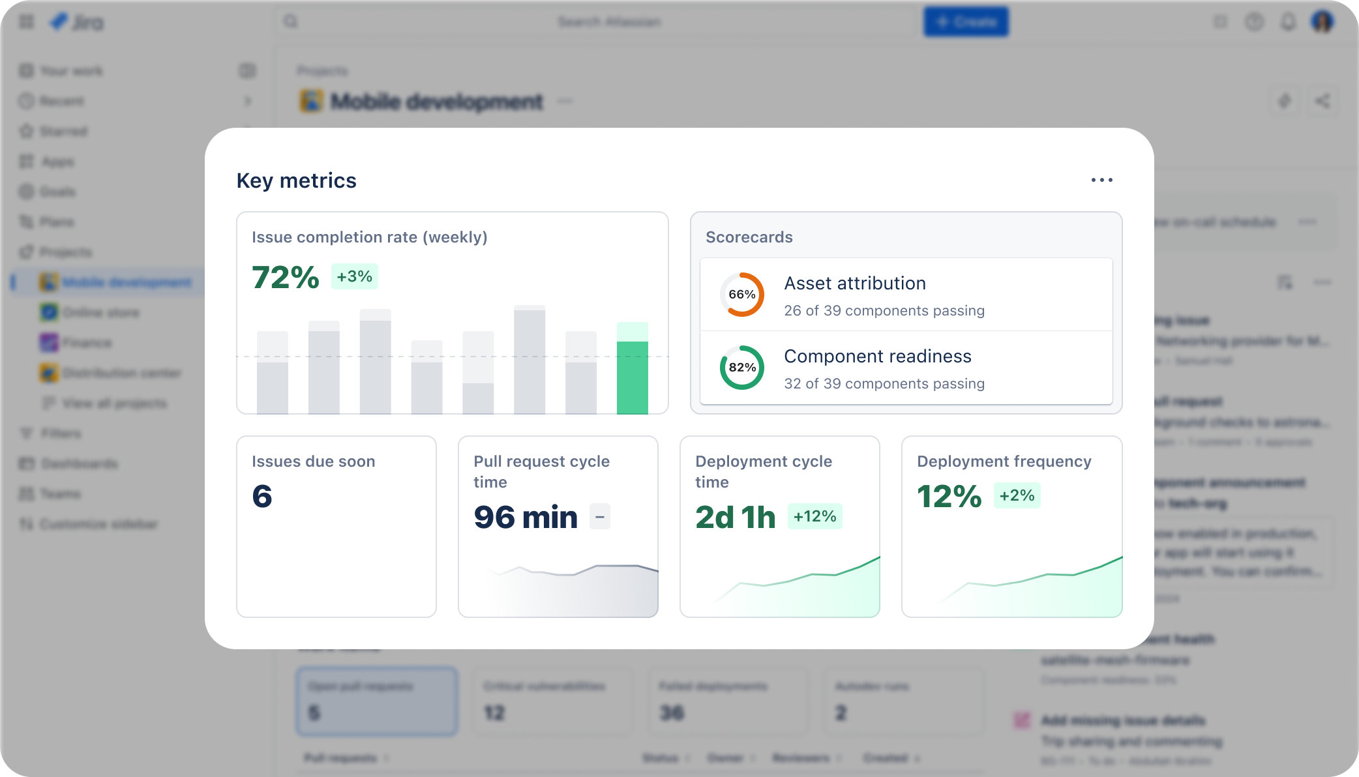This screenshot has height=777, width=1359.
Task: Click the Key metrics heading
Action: pos(296,181)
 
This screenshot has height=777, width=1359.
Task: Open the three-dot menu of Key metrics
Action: pos(1101,180)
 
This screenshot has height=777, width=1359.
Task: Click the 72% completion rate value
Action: pos(285,277)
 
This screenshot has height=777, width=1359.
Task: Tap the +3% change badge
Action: pos(354,276)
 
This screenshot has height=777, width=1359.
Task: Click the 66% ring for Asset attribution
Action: pos(741,295)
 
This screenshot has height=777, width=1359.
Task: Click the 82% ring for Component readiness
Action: pos(741,368)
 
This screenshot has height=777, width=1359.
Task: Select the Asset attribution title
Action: pos(854,284)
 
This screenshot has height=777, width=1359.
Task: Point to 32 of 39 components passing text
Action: pos(884,384)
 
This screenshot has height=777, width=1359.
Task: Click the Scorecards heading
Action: pos(749,237)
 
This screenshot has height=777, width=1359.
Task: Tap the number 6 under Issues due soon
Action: pos(262,497)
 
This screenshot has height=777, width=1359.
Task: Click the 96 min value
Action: pos(526,518)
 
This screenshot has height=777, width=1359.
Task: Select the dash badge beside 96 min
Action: pos(600,517)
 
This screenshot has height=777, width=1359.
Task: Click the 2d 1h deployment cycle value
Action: pos(735,518)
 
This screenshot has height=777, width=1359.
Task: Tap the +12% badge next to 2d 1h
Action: pos(814,516)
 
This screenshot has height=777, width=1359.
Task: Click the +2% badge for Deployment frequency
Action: pos(1017,495)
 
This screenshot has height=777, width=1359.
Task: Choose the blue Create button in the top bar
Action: pos(966,22)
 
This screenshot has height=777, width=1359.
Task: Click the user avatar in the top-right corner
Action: pos(1322,22)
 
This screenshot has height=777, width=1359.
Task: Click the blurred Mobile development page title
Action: pos(436,102)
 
